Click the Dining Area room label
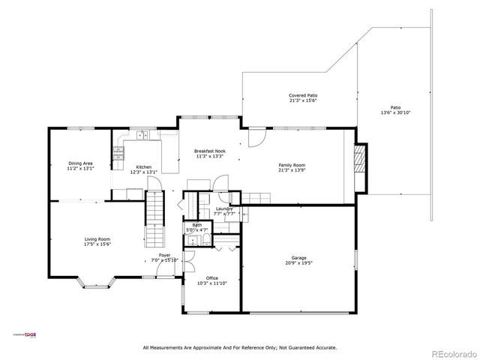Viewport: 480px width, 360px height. [x=80, y=163]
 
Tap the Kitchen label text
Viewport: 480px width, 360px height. [x=143, y=167]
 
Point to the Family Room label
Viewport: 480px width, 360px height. [x=292, y=165]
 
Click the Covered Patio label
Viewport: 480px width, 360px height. [x=303, y=95]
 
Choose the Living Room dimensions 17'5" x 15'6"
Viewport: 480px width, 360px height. [x=97, y=244]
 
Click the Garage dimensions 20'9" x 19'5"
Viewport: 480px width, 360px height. [x=298, y=263]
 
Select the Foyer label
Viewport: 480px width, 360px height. [x=164, y=255]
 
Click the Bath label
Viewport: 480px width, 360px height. [x=196, y=225]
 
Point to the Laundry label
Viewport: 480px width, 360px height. [x=224, y=208]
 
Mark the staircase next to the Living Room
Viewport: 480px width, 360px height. [x=154, y=217]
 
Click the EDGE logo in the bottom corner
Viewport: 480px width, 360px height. [x=29, y=335]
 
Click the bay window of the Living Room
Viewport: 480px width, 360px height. [x=99, y=283]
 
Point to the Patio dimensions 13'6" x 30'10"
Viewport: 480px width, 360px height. [x=395, y=112]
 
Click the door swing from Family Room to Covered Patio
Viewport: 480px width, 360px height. [x=257, y=136]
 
